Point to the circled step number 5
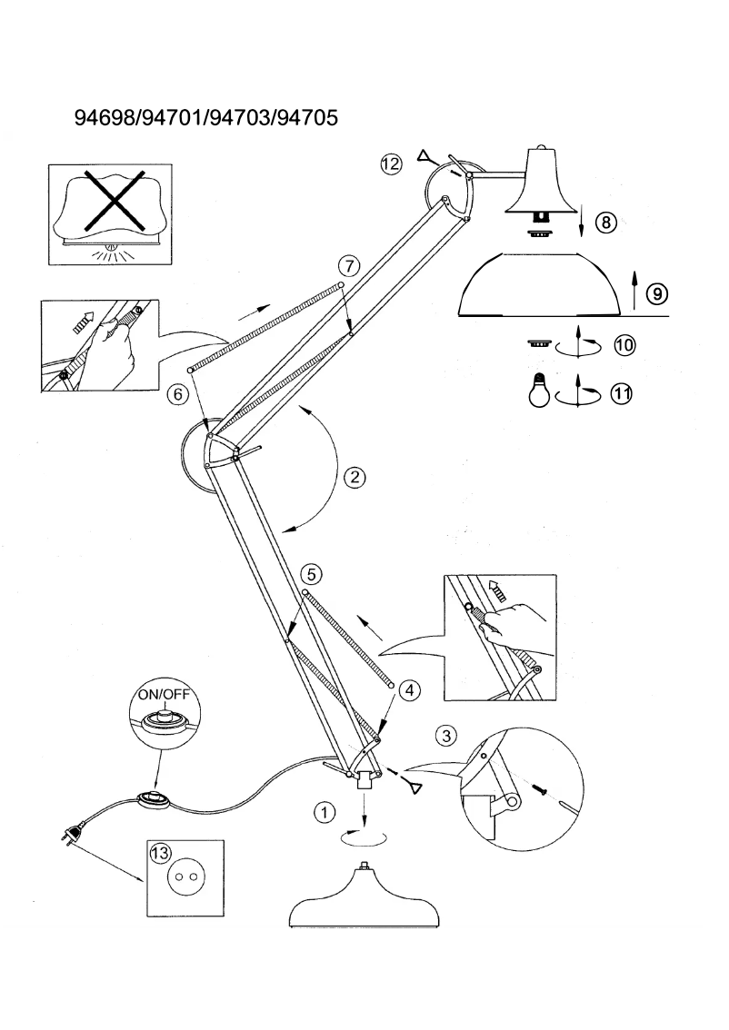(x=311, y=574)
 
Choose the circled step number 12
(x=392, y=164)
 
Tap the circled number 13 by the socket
(x=161, y=852)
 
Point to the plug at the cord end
(x=74, y=829)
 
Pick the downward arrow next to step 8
(x=582, y=220)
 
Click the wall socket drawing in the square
(x=187, y=876)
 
